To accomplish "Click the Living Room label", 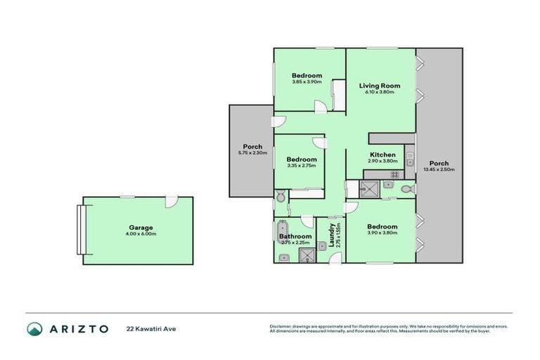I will [x=382, y=86].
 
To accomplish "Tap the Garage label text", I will [x=141, y=228].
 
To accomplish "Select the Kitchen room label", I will [x=382, y=155].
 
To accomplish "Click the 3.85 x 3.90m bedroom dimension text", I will [x=307, y=82].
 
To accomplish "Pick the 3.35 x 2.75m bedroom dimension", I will [x=302, y=166].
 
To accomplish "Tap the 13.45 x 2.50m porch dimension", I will [x=439, y=169].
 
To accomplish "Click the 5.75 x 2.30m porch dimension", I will [x=252, y=153].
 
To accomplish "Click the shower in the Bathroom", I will [x=307, y=255].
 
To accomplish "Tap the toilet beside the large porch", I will [x=405, y=188].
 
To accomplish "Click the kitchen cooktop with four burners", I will [x=394, y=174].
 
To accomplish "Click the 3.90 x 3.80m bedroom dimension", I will [x=382, y=233].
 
